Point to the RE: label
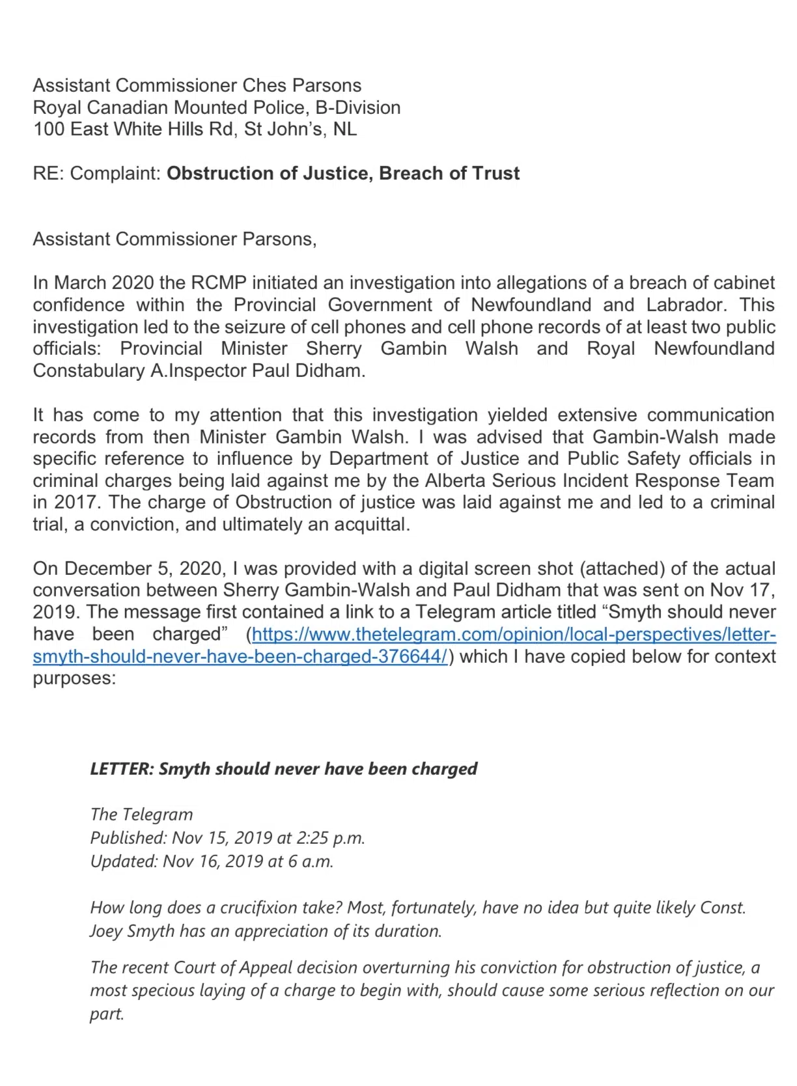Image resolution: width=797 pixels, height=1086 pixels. (x=49, y=173)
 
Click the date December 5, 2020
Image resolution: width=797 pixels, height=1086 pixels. (x=143, y=568)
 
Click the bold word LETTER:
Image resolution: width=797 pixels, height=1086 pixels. (x=122, y=769)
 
